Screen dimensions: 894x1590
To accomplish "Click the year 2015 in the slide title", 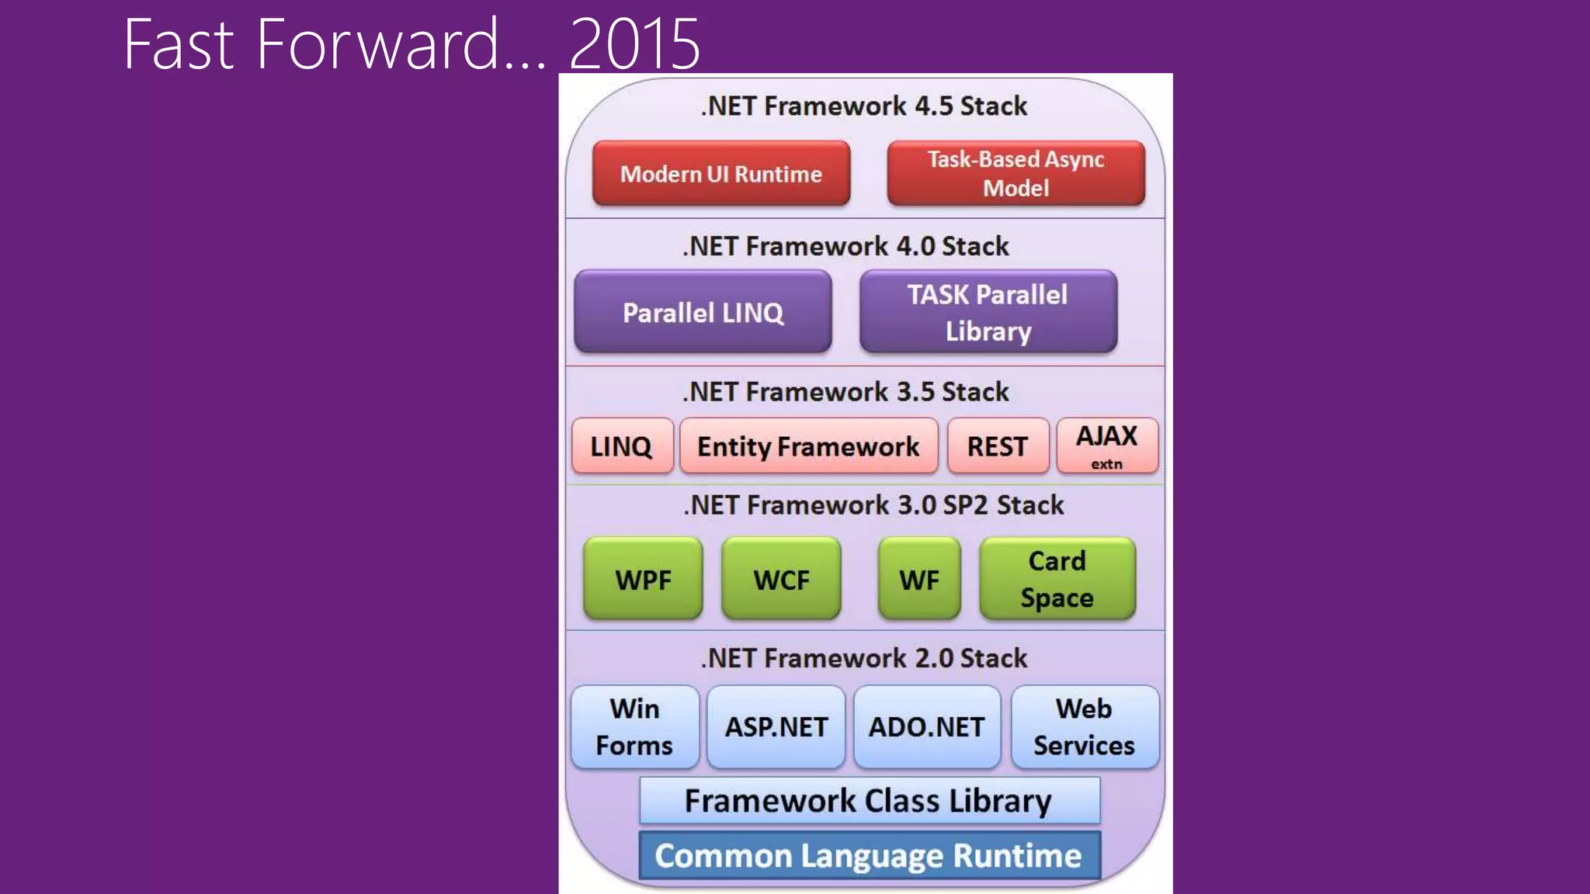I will (x=634, y=45).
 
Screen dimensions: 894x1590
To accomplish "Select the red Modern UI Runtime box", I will (x=720, y=173).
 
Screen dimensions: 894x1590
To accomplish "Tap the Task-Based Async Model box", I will (x=1015, y=173).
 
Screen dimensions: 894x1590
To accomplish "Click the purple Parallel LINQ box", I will (x=703, y=312).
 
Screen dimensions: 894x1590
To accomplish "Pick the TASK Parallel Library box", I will (x=988, y=312).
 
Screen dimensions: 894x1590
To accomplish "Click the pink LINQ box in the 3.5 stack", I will (x=622, y=446).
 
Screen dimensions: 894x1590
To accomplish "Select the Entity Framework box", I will (x=808, y=446).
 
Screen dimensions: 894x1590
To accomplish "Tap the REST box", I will (x=998, y=446).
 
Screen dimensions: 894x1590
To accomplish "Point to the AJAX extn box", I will (x=1107, y=446).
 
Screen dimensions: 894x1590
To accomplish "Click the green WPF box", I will (x=643, y=579).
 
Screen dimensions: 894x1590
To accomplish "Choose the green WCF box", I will (x=781, y=579).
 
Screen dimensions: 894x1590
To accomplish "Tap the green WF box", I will (x=919, y=579).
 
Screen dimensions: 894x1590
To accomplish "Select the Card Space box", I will (x=1057, y=579).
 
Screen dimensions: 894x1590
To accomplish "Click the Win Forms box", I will (x=634, y=727).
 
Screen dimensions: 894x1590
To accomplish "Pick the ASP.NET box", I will (x=776, y=727).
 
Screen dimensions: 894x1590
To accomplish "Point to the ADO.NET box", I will (x=926, y=727).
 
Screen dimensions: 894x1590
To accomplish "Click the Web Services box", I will (x=1084, y=727).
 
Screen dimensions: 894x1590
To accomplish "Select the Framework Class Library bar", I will (x=869, y=801).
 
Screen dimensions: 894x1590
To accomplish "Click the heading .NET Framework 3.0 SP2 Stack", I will (x=873, y=505).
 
